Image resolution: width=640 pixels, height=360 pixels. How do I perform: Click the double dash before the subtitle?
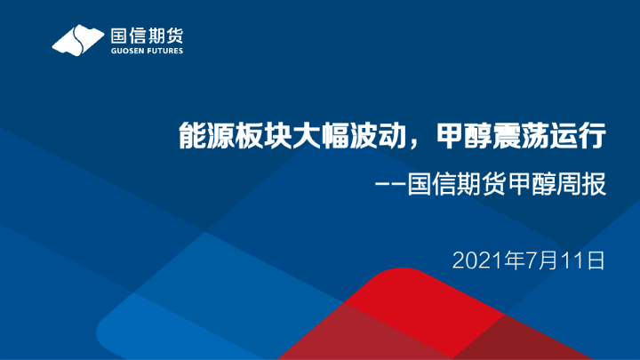(391, 188)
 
